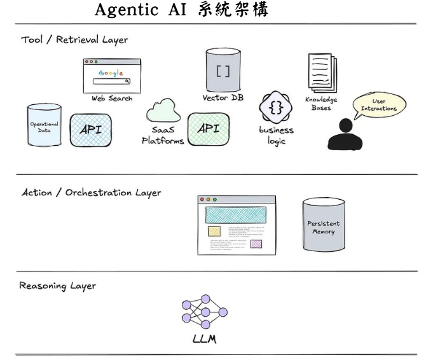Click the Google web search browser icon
pyautogui.click(x=112, y=76)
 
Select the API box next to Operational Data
pyautogui.click(x=90, y=130)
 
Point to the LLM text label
pyautogui.click(x=204, y=339)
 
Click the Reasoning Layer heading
pyautogui.click(x=58, y=286)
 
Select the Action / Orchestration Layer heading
pyautogui.click(x=92, y=191)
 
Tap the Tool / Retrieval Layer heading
pyautogui.click(x=74, y=39)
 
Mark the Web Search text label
pyautogui.click(x=112, y=99)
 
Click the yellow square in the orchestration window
pyautogui.click(x=214, y=231)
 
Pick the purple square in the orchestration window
pyautogui.click(x=256, y=244)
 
